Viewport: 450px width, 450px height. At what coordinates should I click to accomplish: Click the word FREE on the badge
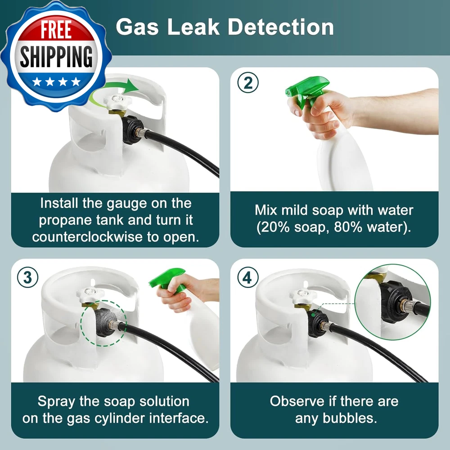56,30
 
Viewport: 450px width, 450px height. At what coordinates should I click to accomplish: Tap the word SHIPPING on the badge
56,57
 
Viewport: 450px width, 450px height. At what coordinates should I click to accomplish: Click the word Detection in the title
281,27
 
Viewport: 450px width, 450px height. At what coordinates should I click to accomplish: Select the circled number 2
248,82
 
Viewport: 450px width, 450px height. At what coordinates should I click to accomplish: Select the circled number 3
27,277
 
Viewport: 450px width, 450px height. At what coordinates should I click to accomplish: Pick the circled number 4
248,277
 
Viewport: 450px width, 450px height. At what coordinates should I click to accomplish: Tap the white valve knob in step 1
117,102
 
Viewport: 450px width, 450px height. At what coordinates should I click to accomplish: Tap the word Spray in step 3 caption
56,402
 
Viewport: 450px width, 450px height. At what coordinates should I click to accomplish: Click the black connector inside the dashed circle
105,322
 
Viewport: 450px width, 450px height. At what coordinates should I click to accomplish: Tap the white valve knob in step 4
303,296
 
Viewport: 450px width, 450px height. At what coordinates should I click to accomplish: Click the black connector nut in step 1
132,130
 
